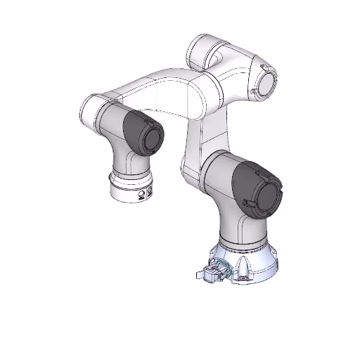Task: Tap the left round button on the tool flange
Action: point(141,194)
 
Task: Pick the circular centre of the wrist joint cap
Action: point(150,136)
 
